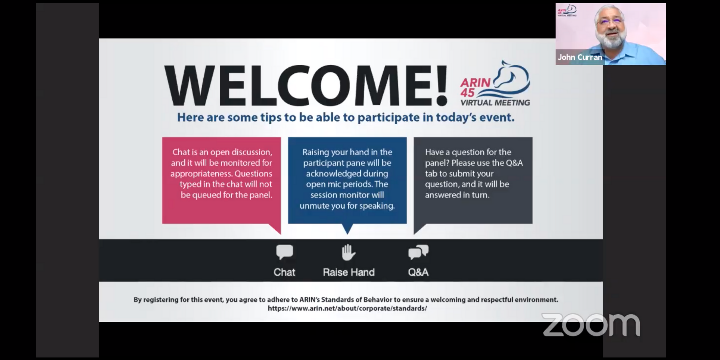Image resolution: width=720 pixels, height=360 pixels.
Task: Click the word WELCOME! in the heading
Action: pyautogui.click(x=306, y=86)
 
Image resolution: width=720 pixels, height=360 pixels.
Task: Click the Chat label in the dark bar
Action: pyautogui.click(x=284, y=272)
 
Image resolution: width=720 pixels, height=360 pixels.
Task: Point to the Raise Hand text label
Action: pyautogui.click(x=348, y=272)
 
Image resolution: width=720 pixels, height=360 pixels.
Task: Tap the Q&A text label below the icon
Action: pyautogui.click(x=418, y=272)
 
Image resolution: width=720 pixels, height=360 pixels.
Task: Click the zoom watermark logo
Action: pyautogui.click(x=591, y=325)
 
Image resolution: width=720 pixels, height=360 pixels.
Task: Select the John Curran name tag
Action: pyautogui.click(x=580, y=57)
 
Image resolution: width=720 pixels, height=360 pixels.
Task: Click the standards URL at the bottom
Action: pyautogui.click(x=347, y=309)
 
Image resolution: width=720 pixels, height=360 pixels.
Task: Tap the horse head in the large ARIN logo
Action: pyautogui.click(x=511, y=75)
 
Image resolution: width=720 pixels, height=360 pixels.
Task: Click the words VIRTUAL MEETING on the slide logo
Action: pyautogui.click(x=495, y=103)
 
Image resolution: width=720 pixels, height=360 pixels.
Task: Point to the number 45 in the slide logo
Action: pyautogui.click(x=468, y=93)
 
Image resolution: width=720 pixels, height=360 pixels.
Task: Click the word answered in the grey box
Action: pyautogui.click(x=441, y=195)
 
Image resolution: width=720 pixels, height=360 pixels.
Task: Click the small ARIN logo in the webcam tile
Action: pyautogui.click(x=567, y=10)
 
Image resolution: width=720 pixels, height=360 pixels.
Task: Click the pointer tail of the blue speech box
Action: pyautogui.click(x=347, y=229)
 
